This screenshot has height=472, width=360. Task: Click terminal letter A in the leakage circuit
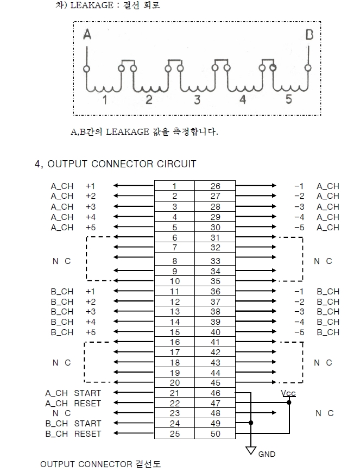click(x=87, y=35)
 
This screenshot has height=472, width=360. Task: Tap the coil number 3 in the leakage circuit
click(x=197, y=99)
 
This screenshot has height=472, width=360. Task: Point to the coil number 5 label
click(x=288, y=99)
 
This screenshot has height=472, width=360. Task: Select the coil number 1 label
click(x=105, y=100)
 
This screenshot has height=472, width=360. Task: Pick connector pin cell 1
click(x=174, y=186)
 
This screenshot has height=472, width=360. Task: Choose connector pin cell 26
click(x=215, y=186)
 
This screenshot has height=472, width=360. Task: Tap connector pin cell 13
click(x=174, y=312)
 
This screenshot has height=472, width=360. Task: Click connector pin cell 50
click(x=215, y=434)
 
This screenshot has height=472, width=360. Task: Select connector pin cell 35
click(x=215, y=281)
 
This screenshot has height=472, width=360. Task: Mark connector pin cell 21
click(x=174, y=393)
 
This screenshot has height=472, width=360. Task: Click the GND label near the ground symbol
click(x=267, y=454)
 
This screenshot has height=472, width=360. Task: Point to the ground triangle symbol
click(x=251, y=450)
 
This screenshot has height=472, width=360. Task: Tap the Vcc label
click(x=288, y=393)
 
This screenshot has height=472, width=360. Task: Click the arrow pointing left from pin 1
click(x=133, y=186)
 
